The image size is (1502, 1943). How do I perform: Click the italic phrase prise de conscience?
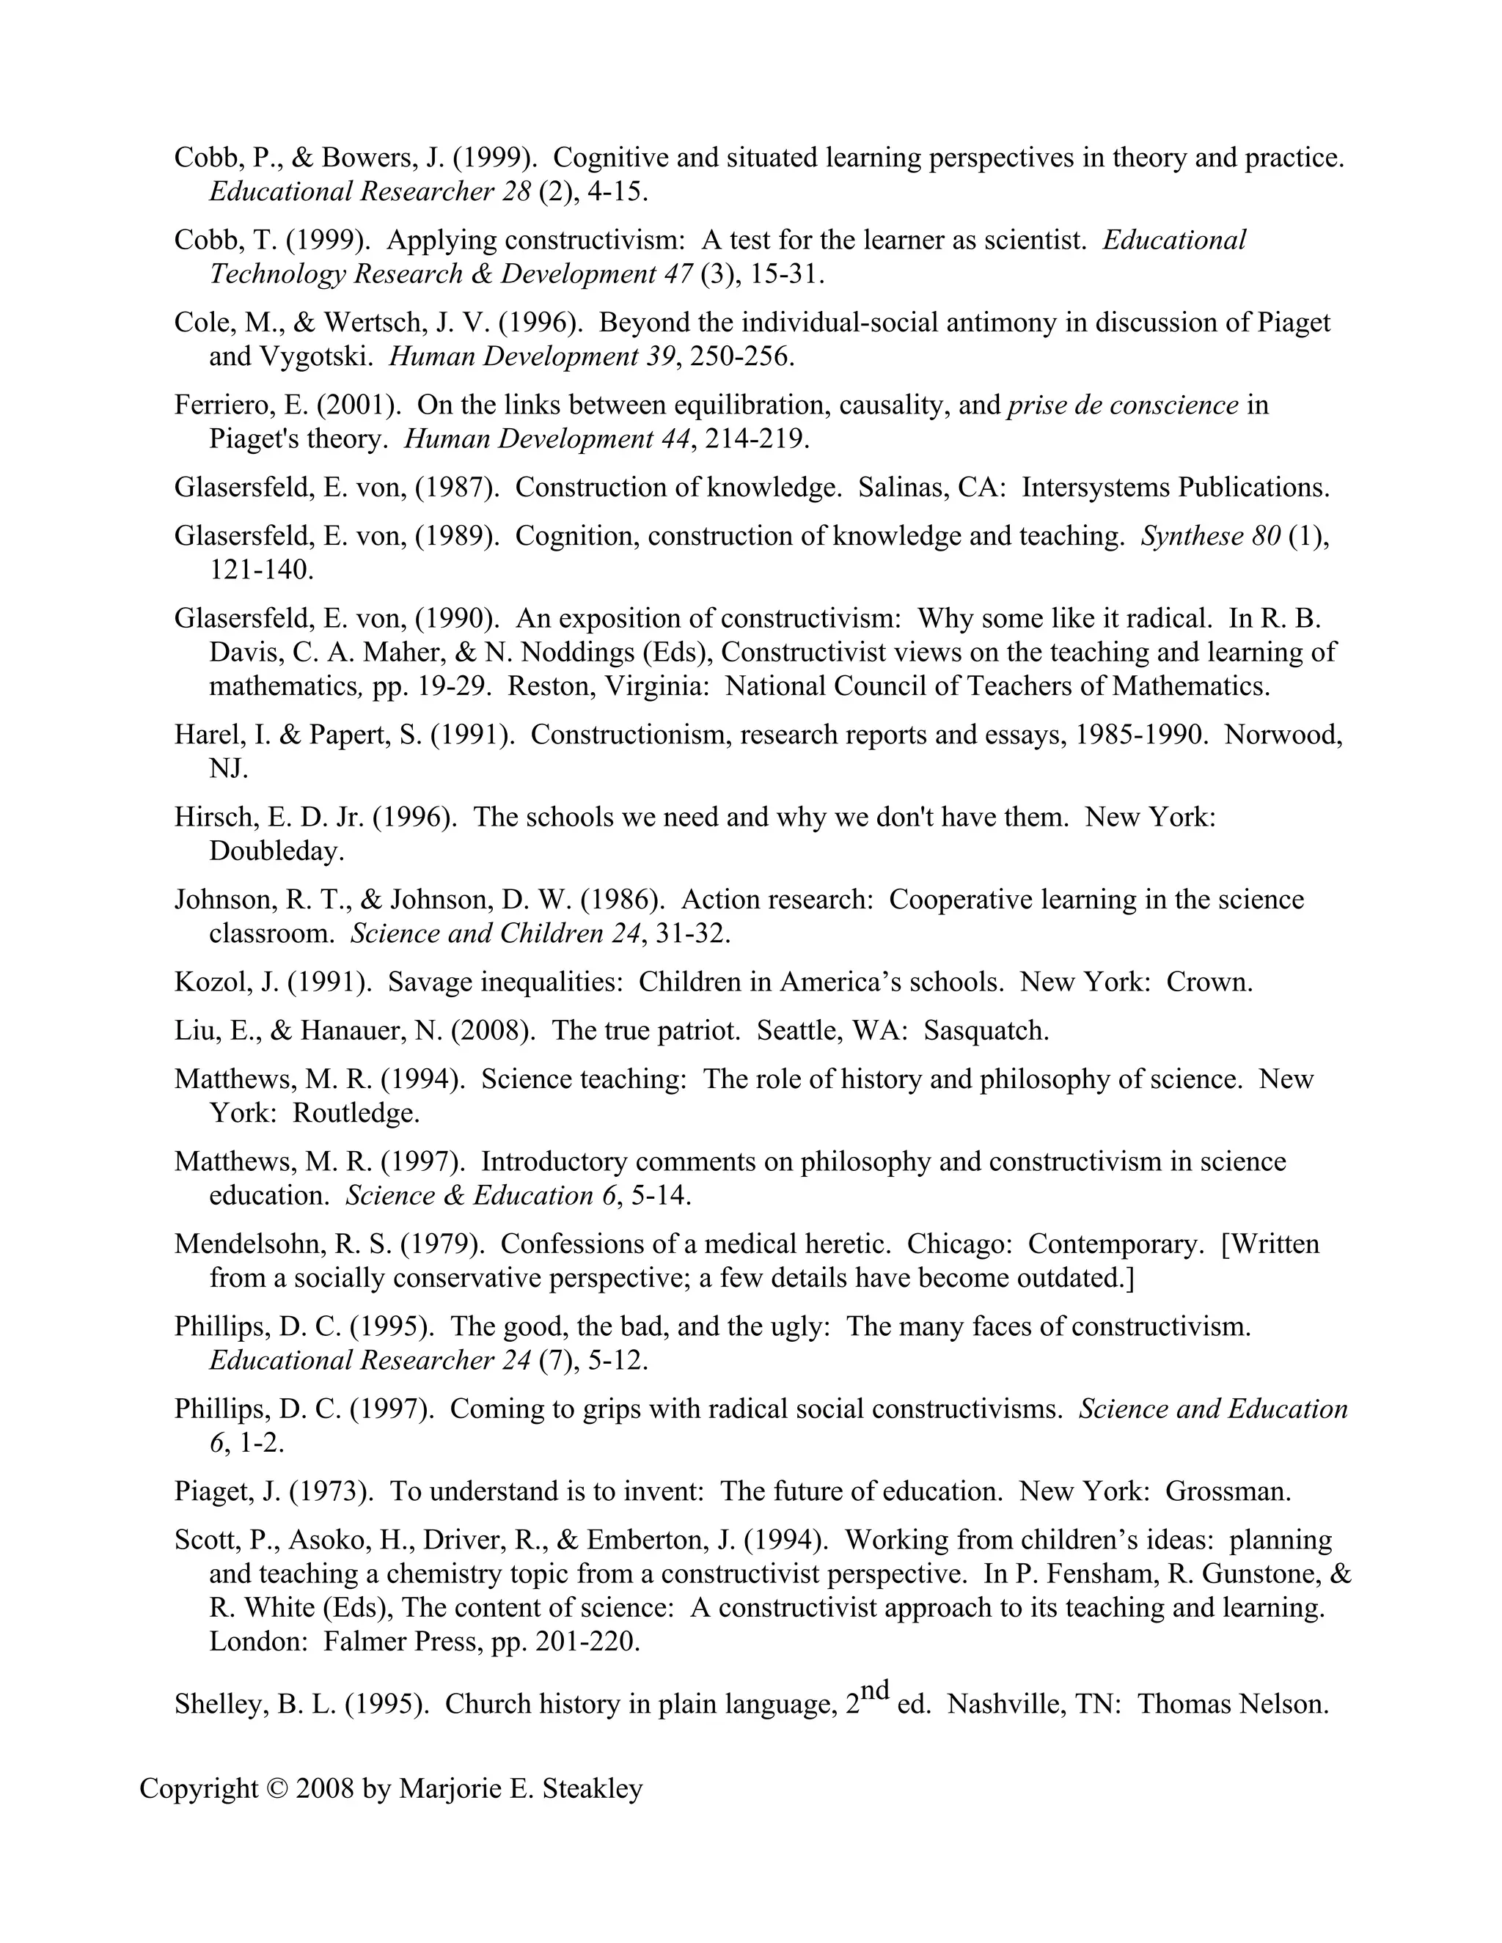[x=1123, y=405]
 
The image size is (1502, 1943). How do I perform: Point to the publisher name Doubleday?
[x=276, y=851]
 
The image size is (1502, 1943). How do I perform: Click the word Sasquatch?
[x=986, y=1031]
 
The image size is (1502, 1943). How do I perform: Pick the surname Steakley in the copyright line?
[x=592, y=1789]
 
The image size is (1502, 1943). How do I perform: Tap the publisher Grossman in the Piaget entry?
[x=1227, y=1492]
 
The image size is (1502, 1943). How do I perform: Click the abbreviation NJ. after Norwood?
[x=229, y=768]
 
